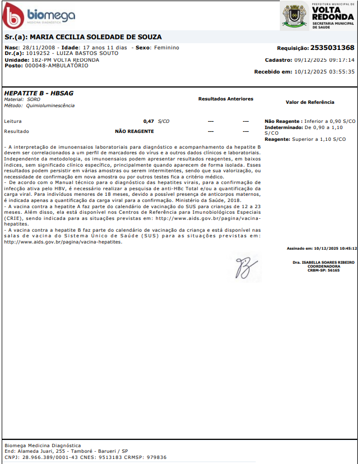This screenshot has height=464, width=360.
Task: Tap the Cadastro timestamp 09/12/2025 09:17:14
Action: tap(324, 59)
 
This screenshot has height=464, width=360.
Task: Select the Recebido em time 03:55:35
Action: tap(342, 71)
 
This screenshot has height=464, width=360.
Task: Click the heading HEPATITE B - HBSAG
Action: tap(40, 94)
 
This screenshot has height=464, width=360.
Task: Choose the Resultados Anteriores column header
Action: tap(225, 99)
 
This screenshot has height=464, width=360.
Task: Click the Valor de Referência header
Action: tap(310, 102)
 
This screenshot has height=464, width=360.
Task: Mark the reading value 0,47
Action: tap(149, 121)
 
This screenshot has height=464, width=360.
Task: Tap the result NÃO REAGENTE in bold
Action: tap(135, 131)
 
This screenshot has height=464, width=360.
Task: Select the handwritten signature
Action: tap(244, 268)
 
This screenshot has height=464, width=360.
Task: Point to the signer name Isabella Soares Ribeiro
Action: tap(324, 262)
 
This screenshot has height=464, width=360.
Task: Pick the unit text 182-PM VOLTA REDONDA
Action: tap(66, 59)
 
